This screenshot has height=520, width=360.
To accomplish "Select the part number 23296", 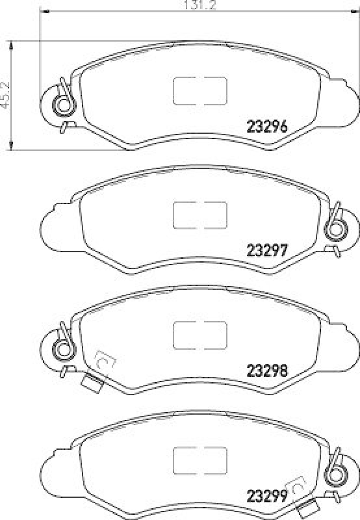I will point(267,127).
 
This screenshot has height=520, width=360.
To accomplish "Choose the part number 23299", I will point(267,496).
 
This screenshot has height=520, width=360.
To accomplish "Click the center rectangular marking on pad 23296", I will point(199,90).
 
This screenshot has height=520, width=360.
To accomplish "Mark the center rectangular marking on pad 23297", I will point(199,214).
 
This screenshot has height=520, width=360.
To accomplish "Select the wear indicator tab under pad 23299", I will point(309,509).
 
